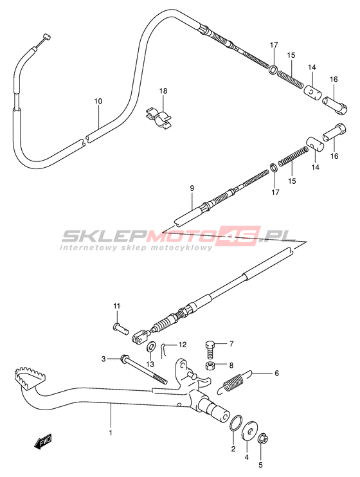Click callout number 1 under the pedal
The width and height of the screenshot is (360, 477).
(111, 432)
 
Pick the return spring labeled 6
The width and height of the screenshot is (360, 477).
(235, 381)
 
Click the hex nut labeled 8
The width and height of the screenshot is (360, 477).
(210, 366)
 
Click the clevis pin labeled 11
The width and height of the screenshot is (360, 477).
(121, 328)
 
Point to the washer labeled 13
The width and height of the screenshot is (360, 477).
(151, 346)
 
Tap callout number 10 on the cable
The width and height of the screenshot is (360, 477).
(98, 102)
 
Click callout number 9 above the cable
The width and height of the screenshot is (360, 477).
(192, 188)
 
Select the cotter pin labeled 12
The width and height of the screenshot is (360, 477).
(164, 351)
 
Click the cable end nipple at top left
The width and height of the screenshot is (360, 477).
(46, 37)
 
